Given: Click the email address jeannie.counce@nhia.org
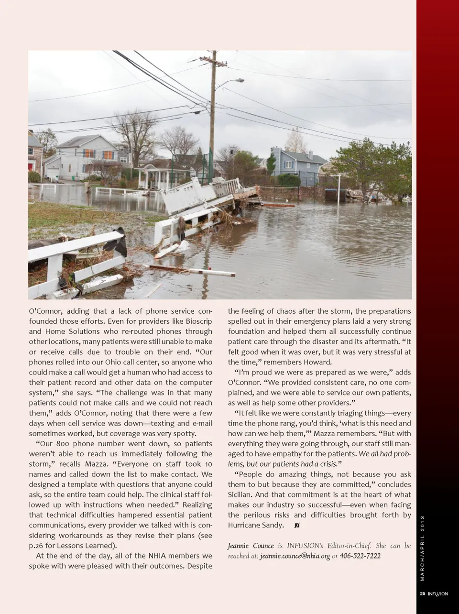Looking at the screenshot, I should click(x=295, y=556).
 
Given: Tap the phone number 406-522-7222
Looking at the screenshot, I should click(x=360, y=556).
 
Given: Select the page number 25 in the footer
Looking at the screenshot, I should click(x=422, y=594).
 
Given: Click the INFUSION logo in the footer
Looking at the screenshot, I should click(x=437, y=594).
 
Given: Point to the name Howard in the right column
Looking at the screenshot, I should click(x=317, y=362).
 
